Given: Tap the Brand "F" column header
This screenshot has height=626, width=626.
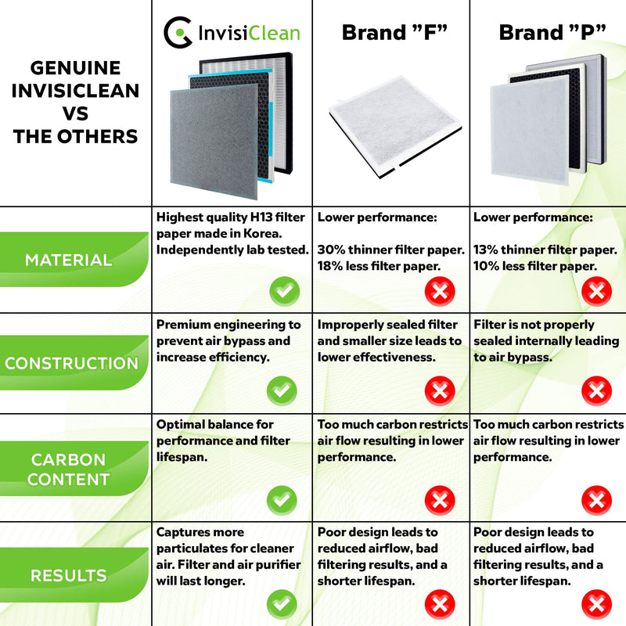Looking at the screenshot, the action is (394, 32).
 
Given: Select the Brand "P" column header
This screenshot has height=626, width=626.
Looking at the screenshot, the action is (552, 32).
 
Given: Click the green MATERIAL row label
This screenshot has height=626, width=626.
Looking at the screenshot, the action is (69, 260).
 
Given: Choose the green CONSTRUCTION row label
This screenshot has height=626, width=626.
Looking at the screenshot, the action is (71, 363).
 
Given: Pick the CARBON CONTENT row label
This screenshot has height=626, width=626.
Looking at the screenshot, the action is (69, 469).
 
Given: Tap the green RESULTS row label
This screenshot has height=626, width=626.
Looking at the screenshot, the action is (69, 575).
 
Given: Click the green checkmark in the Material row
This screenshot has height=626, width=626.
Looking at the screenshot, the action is (285, 291).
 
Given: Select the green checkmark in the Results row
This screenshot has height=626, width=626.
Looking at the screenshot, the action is (282, 604).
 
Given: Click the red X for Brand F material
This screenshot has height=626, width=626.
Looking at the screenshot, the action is (440, 291).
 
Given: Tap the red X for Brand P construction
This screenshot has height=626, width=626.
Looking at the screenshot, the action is (597, 390).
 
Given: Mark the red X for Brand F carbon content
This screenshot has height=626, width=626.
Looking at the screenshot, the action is (440, 500).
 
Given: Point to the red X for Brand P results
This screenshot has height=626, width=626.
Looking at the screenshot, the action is (597, 604).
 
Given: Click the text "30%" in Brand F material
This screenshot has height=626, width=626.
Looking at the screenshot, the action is (331, 250).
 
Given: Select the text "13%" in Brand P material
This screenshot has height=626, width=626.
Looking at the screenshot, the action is (485, 250).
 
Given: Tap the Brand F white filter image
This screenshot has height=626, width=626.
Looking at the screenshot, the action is (394, 127).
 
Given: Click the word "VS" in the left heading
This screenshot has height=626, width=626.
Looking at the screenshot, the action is (75, 113).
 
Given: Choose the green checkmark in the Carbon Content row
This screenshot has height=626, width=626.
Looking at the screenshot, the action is (282, 500).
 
